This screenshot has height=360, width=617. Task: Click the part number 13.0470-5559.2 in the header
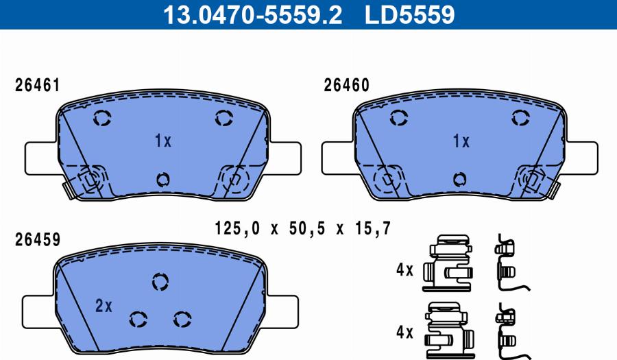click(x=251, y=14)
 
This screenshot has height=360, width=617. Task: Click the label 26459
click(x=38, y=240)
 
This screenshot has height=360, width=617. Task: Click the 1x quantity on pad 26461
click(x=162, y=141)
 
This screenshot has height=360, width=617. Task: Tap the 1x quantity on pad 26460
click(x=461, y=141)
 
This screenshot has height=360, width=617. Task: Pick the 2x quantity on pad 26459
click(x=104, y=306)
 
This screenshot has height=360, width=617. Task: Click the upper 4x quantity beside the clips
click(x=404, y=270)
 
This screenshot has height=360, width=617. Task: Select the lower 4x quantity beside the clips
click(x=404, y=333)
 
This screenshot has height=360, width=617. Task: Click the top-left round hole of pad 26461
click(x=101, y=119)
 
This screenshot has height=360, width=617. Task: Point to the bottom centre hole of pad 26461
click(x=162, y=180)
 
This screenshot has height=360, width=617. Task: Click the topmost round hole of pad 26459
click(x=160, y=281)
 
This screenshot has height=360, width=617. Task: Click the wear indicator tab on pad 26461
click(x=67, y=187)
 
